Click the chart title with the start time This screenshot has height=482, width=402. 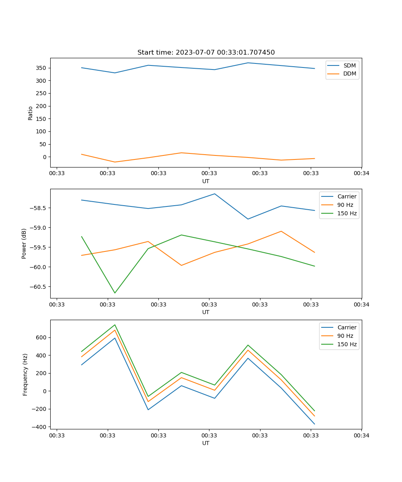[x=206, y=53]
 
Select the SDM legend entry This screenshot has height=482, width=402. [x=349, y=65]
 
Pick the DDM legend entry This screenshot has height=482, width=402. [x=349, y=74]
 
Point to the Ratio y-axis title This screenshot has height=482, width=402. [x=31, y=113]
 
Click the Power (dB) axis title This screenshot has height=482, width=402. [x=24, y=243]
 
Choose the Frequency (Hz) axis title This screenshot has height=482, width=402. [x=25, y=374]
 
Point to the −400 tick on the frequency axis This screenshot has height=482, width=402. [x=39, y=427]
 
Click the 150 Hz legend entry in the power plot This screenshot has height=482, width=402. [x=347, y=213]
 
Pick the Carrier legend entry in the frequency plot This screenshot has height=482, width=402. [x=347, y=327]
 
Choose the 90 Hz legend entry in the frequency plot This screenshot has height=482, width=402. [x=345, y=336]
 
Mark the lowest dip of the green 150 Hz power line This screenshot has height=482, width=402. [x=115, y=293]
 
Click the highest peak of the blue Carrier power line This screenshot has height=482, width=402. [x=215, y=194]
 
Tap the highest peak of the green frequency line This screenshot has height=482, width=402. [x=115, y=325]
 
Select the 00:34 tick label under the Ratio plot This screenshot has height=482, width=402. [x=361, y=174]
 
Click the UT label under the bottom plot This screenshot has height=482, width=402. [x=206, y=443]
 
